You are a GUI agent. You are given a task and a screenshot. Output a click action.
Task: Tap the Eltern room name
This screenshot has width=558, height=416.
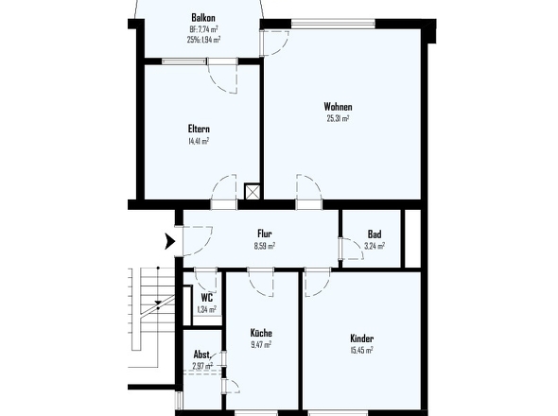tap(199, 129)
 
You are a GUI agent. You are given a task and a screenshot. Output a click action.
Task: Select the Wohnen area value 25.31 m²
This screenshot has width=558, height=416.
tap(338, 119)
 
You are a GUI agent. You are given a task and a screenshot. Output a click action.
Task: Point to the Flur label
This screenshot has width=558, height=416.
tap(265, 234)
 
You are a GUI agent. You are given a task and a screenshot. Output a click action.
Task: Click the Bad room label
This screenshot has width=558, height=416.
tap(375, 234)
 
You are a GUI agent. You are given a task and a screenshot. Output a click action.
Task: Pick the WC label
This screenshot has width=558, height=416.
tap(206, 297)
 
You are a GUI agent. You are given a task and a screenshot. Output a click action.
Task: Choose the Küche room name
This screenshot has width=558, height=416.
tap(261, 333)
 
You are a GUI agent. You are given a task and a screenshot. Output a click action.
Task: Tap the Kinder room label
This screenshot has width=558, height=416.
tap(361, 338)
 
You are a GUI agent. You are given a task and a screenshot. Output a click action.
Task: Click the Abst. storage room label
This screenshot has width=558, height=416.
tap(201, 355)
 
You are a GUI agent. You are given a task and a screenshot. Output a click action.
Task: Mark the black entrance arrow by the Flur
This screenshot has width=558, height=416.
tap(170, 241)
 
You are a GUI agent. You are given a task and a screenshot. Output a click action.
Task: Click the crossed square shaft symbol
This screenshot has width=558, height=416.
tap(252, 190)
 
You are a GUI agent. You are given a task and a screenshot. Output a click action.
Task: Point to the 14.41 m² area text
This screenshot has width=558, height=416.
tap(199, 141)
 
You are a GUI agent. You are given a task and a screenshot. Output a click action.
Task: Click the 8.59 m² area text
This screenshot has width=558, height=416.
tap(265, 246)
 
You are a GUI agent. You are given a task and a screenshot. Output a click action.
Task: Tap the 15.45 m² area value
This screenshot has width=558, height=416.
tap(361, 351)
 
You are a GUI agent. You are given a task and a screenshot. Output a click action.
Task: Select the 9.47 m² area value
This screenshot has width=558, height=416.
tap(261, 345)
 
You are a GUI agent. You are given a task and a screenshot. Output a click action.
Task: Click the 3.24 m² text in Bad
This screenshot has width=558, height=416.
tap(375, 247)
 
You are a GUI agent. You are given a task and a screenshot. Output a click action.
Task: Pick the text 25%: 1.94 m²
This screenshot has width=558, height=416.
tap(203, 40)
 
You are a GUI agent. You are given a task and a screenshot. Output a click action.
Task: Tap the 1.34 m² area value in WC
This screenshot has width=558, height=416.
tap(206, 309)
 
